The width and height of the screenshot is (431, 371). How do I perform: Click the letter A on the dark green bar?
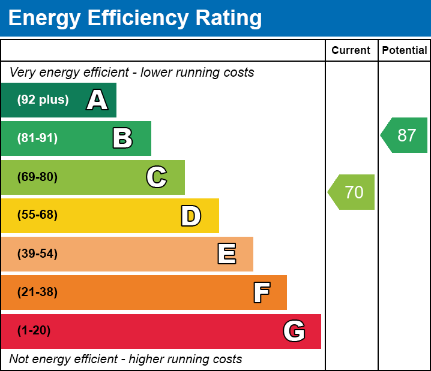(97, 100)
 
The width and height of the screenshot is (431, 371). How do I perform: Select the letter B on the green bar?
(122, 138)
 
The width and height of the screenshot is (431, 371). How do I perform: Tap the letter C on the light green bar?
(157, 177)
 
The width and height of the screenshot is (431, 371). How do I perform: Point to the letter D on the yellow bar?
(191, 216)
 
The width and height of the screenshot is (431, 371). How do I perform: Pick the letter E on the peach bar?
(226, 254)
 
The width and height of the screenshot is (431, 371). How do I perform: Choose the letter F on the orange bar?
(261, 292)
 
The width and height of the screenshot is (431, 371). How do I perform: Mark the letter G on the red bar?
(294, 331)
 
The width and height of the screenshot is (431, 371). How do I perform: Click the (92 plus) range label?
(43, 100)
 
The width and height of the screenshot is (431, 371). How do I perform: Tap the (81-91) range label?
(37, 138)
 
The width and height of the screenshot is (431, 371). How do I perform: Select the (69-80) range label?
(37, 177)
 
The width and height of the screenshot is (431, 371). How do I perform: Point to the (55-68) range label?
(37, 215)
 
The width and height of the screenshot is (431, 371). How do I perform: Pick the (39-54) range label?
(37, 254)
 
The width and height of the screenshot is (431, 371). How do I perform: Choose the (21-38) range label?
(37, 292)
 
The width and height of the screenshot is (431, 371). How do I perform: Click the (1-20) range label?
(34, 331)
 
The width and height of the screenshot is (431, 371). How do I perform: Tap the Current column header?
(351, 51)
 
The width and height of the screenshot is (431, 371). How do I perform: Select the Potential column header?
(405, 51)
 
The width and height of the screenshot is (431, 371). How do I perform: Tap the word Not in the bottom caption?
(19, 360)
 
